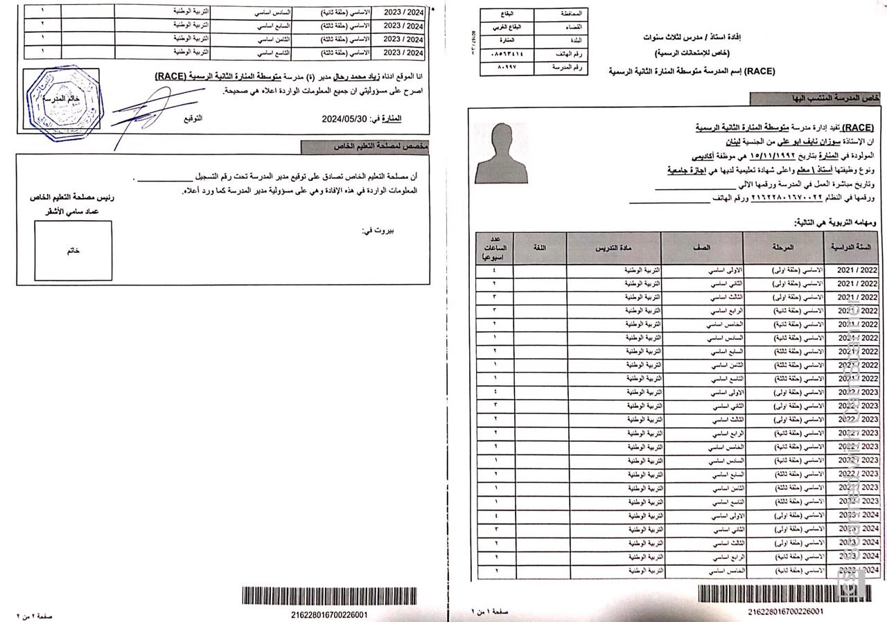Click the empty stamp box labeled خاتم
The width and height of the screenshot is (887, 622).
73,250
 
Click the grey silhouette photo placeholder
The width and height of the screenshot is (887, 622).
500,153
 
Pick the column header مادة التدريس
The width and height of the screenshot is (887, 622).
614,247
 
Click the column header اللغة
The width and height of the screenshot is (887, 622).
540,247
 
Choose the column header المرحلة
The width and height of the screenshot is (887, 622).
783,247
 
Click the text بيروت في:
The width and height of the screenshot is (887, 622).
377,231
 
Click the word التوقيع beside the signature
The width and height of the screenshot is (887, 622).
193,118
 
